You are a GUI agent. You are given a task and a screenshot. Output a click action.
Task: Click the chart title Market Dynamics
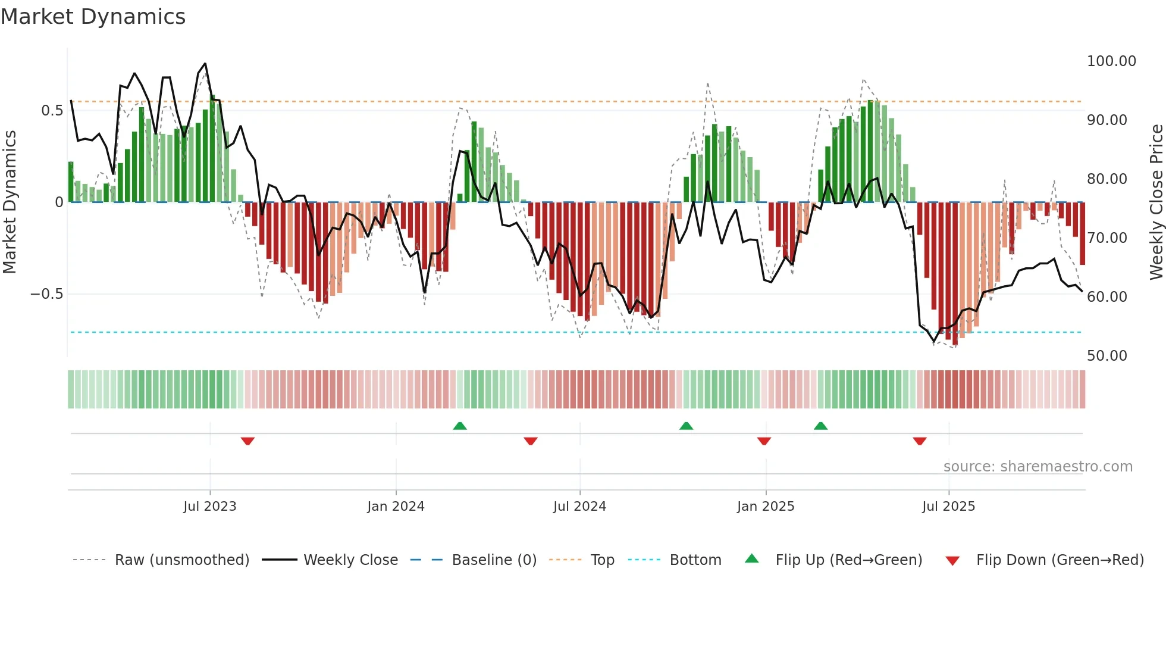tap(93, 17)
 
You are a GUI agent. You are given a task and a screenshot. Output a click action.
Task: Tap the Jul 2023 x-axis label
tap(209, 507)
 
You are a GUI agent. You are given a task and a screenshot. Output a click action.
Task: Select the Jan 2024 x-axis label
tap(396, 507)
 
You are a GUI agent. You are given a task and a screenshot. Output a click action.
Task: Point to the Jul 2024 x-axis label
tap(579, 507)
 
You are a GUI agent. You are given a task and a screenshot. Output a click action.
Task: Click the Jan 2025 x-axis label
tap(766, 507)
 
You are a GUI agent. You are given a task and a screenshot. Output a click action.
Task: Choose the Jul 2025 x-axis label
tap(948, 507)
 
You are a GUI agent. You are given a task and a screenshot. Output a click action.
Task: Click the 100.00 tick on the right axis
tap(1111, 61)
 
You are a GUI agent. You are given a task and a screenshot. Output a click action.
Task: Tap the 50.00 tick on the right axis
tap(1107, 356)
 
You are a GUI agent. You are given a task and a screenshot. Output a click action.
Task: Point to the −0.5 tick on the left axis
tap(46, 294)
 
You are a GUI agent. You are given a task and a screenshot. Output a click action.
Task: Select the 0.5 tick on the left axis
tap(52, 111)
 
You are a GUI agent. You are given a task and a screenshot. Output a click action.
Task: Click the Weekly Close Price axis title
tap(1156, 202)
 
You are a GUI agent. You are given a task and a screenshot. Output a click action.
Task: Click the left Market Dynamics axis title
tap(10, 202)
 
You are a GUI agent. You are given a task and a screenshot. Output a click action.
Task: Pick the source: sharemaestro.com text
tap(1038, 467)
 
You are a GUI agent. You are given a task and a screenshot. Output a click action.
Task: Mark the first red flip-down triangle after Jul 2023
tap(247, 441)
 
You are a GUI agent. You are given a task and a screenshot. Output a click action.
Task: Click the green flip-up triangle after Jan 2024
tap(459, 426)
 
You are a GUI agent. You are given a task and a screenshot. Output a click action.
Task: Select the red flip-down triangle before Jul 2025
tap(919, 441)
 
